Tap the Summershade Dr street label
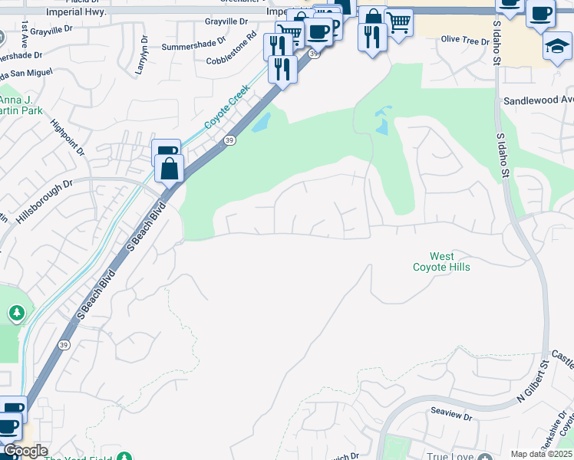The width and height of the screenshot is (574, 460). [x=194, y=46]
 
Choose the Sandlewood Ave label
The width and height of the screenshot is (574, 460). [x=538, y=100]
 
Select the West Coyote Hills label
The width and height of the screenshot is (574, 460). [x=441, y=261]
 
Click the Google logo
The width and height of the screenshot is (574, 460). [x=25, y=451]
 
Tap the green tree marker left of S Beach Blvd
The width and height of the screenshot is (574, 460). [x=16, y=312]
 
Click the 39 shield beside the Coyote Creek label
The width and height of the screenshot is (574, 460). [x=229, y=140]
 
